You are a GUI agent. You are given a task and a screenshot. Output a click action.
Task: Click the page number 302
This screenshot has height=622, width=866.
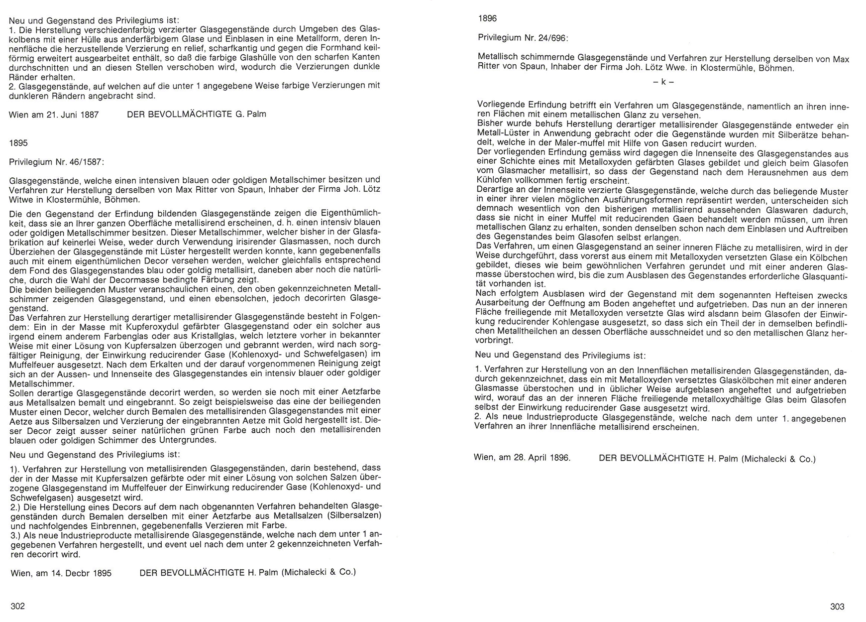tap(18, 606)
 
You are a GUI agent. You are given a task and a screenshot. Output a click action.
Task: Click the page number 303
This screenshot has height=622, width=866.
tap(837, 606)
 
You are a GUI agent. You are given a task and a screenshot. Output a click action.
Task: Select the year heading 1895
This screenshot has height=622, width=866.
tap(18, 143)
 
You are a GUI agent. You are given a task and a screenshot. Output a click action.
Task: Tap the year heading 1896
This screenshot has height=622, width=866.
tap(487, 18)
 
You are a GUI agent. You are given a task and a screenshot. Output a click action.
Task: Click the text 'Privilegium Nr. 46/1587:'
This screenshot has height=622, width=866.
tap(57, 161)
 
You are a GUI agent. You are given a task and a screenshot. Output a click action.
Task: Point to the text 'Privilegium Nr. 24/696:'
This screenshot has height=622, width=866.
tap(523, 37)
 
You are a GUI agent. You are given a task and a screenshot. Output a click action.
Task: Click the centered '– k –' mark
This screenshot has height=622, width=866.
tap(663, 82)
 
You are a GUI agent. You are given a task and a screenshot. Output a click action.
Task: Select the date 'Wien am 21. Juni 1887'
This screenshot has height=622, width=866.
tap(54, 115)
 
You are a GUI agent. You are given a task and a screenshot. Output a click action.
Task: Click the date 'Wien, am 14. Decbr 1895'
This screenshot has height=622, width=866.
tap(61, 573)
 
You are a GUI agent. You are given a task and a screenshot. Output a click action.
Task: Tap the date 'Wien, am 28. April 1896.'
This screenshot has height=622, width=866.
tap(522, 458)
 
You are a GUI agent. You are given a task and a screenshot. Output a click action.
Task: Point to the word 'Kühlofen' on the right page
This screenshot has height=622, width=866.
tap(494, 181)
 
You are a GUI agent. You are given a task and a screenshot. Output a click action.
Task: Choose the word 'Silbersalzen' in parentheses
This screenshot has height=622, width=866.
tap(355, 514)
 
